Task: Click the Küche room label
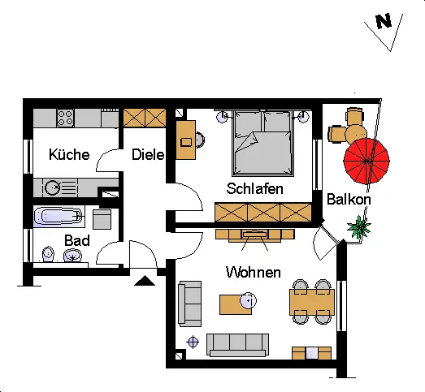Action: [69, 154]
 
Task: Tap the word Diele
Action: [148, 154]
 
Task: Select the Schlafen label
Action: [255, 188]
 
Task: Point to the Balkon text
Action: [349, 200]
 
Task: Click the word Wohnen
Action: [254, 272]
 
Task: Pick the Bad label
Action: [77, 240]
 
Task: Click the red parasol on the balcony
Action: [366, 161]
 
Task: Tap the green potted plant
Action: [359, 227]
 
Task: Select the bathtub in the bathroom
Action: [59, 216]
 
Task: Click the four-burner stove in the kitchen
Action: [65, 118]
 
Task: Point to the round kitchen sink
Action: [52, 187]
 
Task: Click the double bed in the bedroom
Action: [263, 143]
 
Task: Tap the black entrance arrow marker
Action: [145, 281]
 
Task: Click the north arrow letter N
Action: [384, 21]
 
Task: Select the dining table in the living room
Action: [312, 302]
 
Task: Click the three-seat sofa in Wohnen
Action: [238, 345]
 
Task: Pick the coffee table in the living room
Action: [236, 304]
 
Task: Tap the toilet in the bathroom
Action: [48, 254]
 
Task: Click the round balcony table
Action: [356, 133]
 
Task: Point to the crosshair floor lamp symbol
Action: [193, 342]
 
